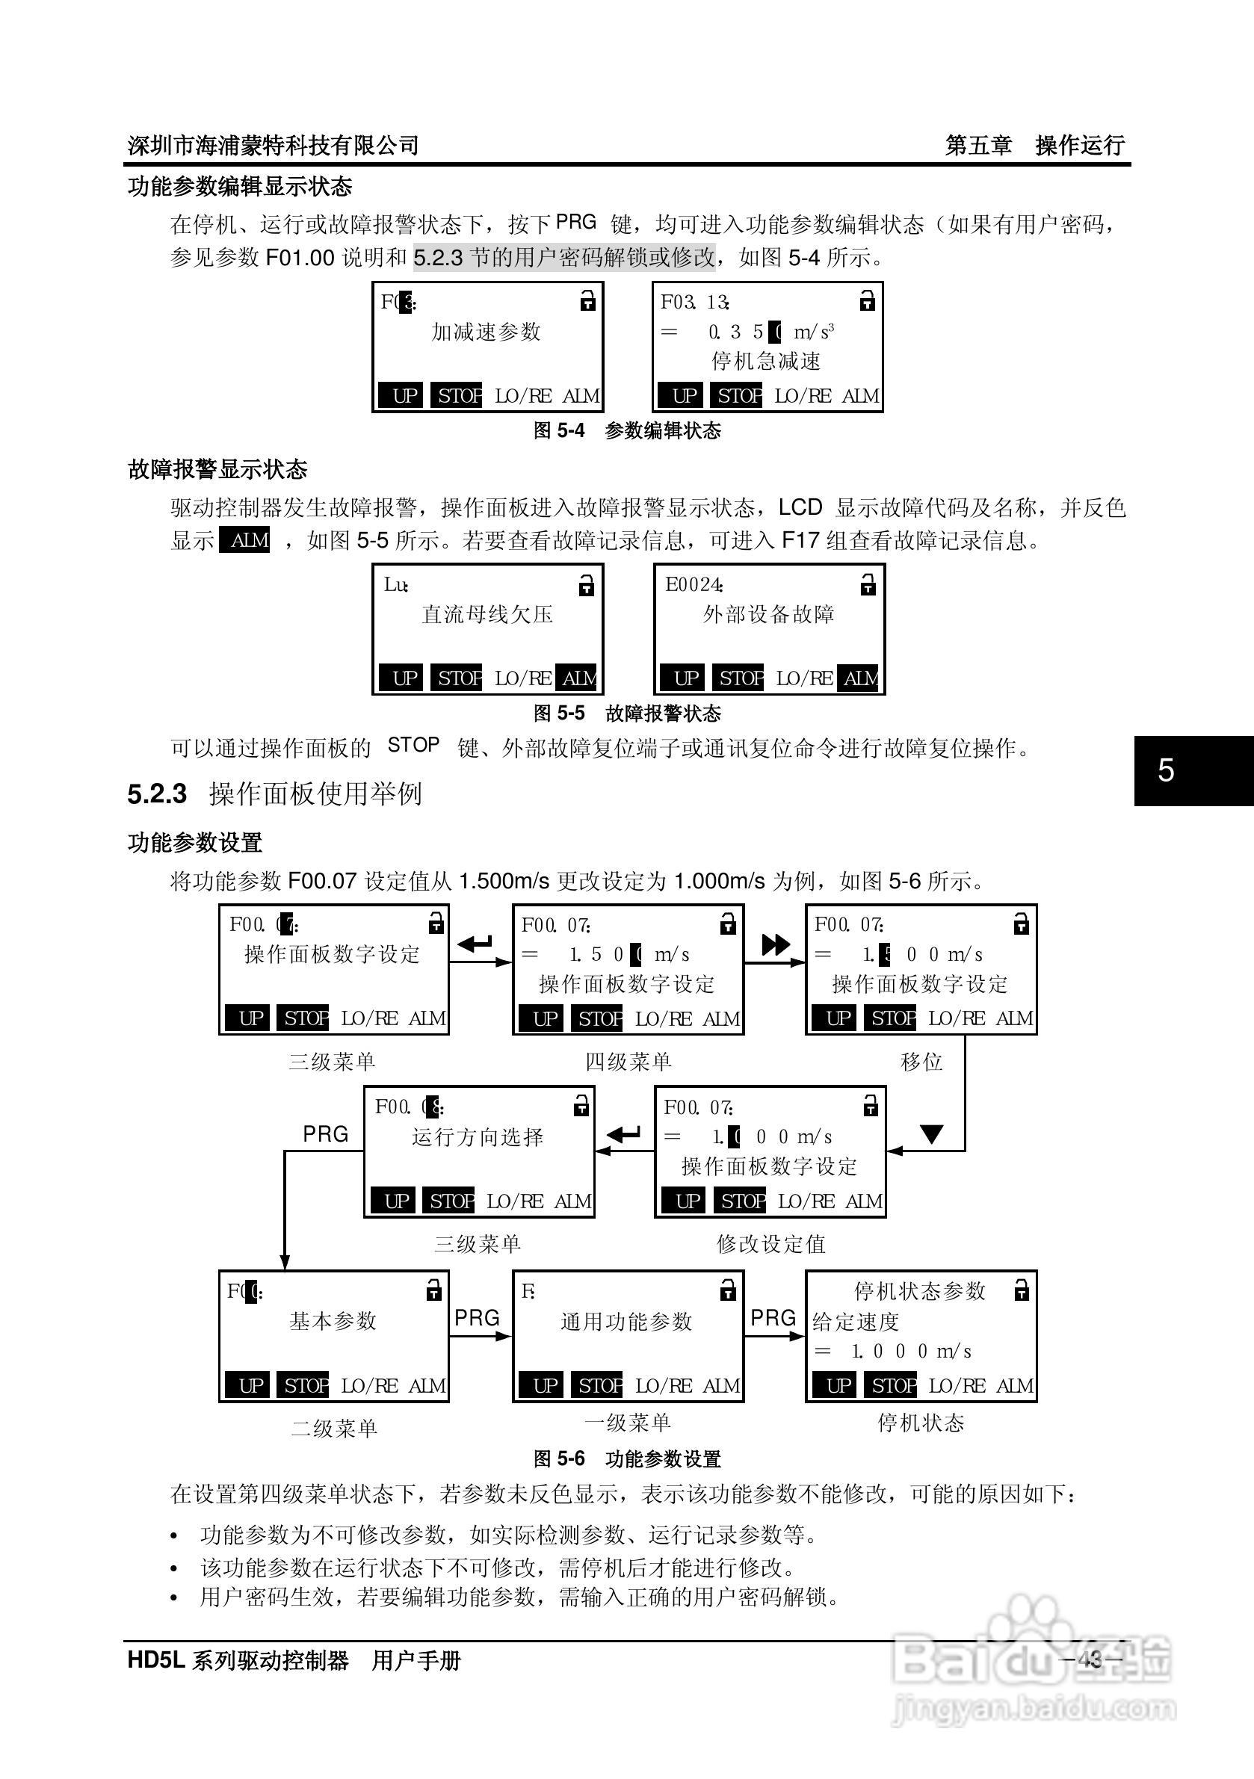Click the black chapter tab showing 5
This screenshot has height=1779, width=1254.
point(1193,770)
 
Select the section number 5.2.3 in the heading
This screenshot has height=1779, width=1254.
point(158,793)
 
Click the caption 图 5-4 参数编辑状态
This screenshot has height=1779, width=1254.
point(627,431)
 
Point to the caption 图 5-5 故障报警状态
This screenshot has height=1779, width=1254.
point(627,713)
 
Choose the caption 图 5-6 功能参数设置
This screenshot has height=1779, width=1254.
point(627,1459)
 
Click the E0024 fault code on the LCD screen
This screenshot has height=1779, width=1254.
point(694,585)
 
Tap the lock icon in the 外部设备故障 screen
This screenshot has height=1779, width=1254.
point(868,585)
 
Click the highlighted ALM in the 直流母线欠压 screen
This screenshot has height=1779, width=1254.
point(578,678)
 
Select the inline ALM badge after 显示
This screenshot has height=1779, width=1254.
point(245,540)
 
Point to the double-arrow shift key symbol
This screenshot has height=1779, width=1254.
point(775,944)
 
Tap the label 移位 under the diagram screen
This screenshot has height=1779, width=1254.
point(921,1062)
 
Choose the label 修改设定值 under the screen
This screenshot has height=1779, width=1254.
point(770,1244)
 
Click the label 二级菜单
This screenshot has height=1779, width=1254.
point(334,1428)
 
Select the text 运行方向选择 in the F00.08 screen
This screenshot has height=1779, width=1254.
point(478,1137)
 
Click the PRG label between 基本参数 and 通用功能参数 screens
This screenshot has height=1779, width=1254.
point(477,1318)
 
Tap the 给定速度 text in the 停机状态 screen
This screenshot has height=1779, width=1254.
point(855,1322)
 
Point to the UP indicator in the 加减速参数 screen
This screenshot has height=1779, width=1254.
point(404,396)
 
